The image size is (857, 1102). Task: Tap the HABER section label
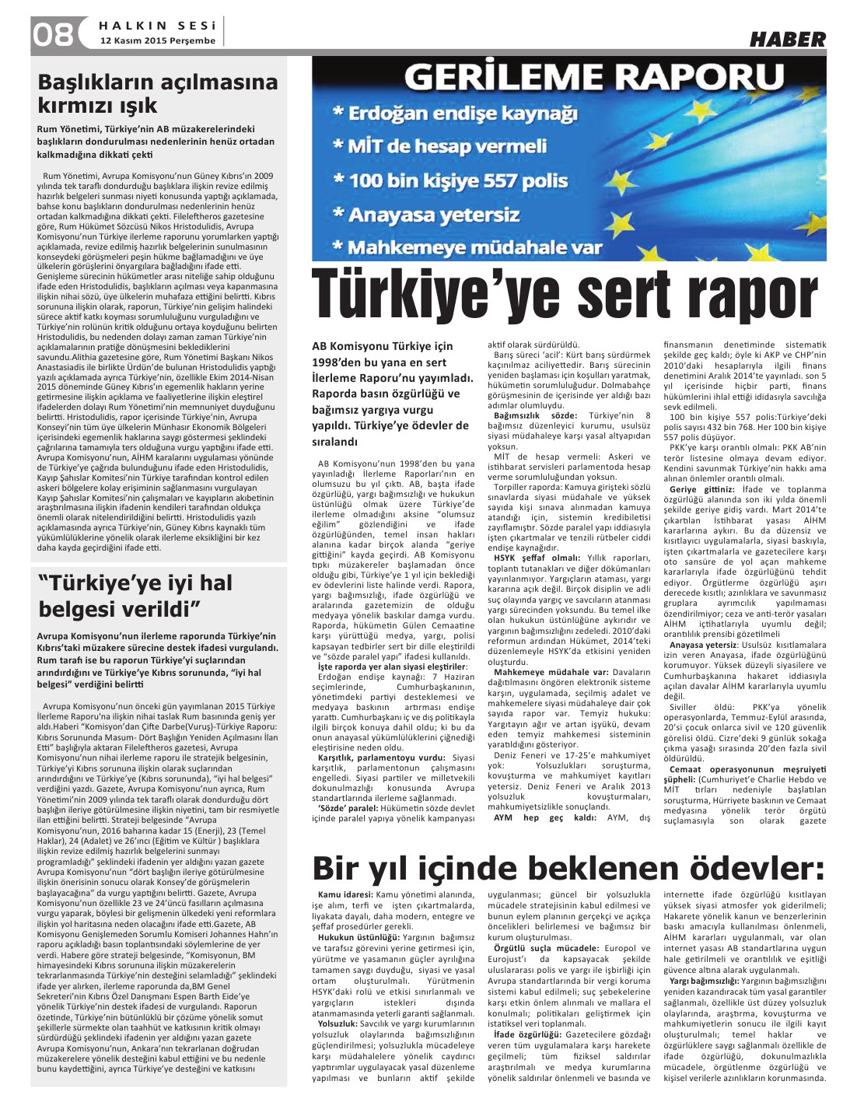click(x=787, y=39)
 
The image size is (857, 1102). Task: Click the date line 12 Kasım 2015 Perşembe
click(x=152, y=40)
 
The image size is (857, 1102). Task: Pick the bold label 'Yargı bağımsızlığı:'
click(x=705, y=981)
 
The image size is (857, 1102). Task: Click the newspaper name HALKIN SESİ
click(x=159, y=25)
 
